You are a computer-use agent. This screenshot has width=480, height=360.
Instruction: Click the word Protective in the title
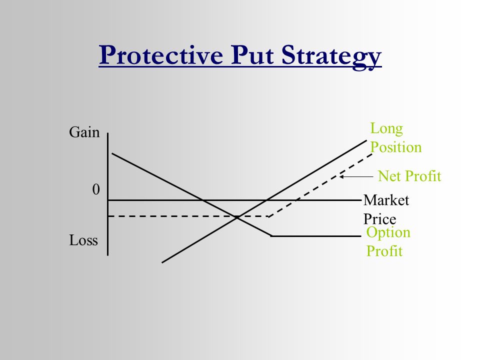click(161, 55)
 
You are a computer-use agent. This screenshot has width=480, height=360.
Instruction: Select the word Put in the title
click(252, 55)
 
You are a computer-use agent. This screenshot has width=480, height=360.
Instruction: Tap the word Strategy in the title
click(331, 57)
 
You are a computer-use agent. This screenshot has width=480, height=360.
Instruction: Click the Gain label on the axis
click(84, 132)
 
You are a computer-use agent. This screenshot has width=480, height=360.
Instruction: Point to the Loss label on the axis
click(83, 240)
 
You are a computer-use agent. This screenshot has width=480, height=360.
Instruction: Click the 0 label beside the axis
click(96, 189)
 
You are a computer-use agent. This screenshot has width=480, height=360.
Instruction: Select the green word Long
click(386, 129)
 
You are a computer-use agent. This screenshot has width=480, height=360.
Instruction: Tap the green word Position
click(396, 147)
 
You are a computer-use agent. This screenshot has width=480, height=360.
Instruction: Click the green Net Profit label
click(409, 176)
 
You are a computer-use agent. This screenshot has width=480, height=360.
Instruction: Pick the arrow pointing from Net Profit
click(356, 176)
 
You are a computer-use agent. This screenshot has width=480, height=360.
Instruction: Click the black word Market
click(386, 200)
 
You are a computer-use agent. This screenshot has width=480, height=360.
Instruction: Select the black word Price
click(379, 219)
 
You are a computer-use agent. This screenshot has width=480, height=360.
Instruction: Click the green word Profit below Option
click(384, 251)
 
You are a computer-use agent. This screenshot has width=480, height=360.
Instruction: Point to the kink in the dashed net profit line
click(268, 216)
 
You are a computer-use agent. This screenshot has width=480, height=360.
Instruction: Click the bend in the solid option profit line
click(271, 236)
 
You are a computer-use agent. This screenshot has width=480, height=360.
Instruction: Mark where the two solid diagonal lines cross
click(237, 217)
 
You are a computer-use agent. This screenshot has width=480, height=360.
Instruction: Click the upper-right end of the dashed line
click(372, 154)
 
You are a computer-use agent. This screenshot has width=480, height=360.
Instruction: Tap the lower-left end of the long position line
click(162, 262)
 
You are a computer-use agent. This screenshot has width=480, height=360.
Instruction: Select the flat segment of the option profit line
click(316, 236)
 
